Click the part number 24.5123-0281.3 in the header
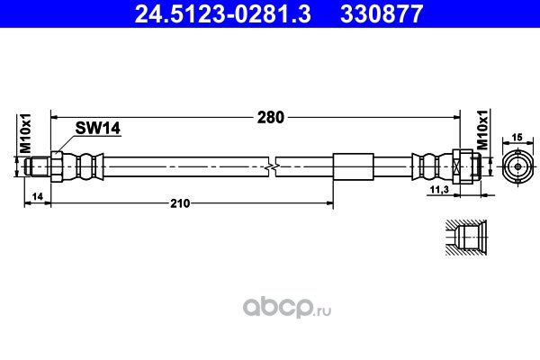coord(223,14)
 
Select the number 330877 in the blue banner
coord(382,14)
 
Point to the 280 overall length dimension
coord(271,118)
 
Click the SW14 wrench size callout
coord(98,128)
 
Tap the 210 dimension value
coord(180,203)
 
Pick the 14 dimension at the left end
coord(37,196)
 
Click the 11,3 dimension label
coord(440,190)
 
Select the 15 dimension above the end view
coord(517,138)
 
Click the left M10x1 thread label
coord(25,133)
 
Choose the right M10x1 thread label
coord(482,130)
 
